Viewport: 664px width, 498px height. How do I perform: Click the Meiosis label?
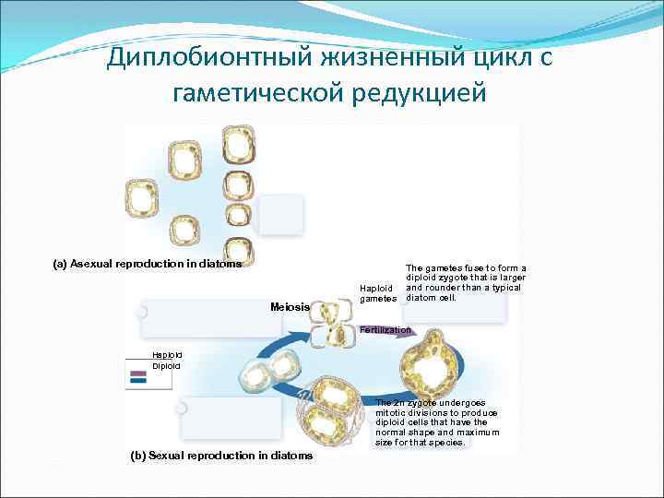click(290, 307)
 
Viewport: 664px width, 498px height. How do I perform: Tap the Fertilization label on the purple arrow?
click(385, 330)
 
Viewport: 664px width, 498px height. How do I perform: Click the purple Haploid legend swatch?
click(139, 370)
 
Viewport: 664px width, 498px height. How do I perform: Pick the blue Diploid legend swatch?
click(139, 378)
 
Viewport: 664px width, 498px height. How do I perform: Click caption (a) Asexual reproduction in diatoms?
click(148, 264)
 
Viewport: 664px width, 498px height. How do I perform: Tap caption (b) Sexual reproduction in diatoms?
click(217, 456)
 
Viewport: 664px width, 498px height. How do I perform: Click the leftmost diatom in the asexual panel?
click(142, 197)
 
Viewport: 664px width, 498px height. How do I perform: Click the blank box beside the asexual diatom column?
click(280, 214)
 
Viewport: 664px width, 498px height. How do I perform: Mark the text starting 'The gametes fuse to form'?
click(465, 282)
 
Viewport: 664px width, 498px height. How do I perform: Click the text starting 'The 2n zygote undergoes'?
click(437, 422)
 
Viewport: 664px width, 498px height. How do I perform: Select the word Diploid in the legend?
click(167, 366)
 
